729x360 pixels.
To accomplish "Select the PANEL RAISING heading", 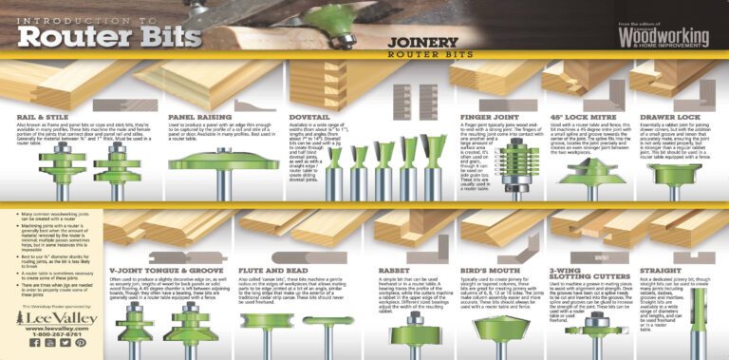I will point(196,117).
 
